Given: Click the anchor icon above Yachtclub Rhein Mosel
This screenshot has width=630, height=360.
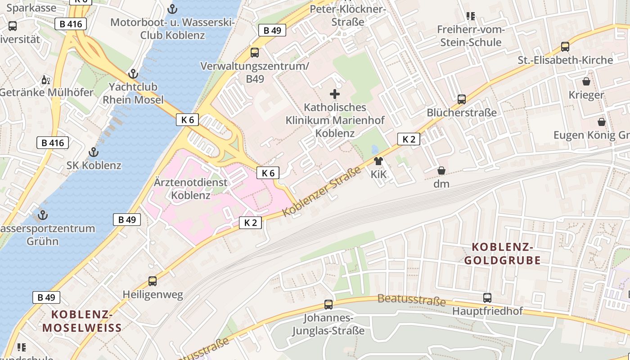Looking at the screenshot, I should pyautogui.click(x=133, y=74).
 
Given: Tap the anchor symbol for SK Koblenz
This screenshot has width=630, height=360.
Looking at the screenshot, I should pyautogui.click(x=94, y=152).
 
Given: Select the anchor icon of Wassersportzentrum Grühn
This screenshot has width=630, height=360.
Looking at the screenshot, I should pyautogui.click(x=43, y=215).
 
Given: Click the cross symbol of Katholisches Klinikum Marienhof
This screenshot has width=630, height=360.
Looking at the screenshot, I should pyautogui.click(x=335, y=94).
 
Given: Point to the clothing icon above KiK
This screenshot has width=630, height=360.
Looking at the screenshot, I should pyautogui.click(x=378, y=161).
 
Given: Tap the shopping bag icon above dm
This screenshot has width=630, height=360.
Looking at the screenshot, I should pyautogui.click(x=441, y=171).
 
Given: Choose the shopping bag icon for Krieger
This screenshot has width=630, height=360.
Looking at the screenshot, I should pyautogui.click(x=586, y=81).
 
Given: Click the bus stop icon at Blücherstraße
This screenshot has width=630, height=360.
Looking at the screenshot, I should pyautogui.click(x=462, y=99).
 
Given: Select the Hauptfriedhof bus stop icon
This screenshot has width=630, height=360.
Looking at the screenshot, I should pyautogui.click(x=487, y=297).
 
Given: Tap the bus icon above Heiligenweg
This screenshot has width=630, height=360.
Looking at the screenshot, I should pyautogui.click(x=153, y=281).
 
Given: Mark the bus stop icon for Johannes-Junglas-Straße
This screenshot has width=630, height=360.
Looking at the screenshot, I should pyautogui.click(x=328, y=305).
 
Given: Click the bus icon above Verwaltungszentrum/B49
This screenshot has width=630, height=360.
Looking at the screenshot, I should pyautogui.click(x=255, y=53).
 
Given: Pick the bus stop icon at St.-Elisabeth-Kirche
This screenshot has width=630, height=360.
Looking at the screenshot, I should pyautogui.click(x=565, y=47).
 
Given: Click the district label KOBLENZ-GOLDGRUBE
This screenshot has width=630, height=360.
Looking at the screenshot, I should pyautogui.click(x=502, y=253).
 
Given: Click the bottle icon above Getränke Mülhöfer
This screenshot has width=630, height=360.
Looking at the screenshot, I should pyautogui.click(x=46, y=80).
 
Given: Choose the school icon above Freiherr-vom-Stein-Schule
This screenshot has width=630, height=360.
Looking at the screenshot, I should pyautogui.click(x=471, y=17).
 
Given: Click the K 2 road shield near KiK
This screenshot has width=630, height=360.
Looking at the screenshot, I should pyautogui.click(x=409, y=139).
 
